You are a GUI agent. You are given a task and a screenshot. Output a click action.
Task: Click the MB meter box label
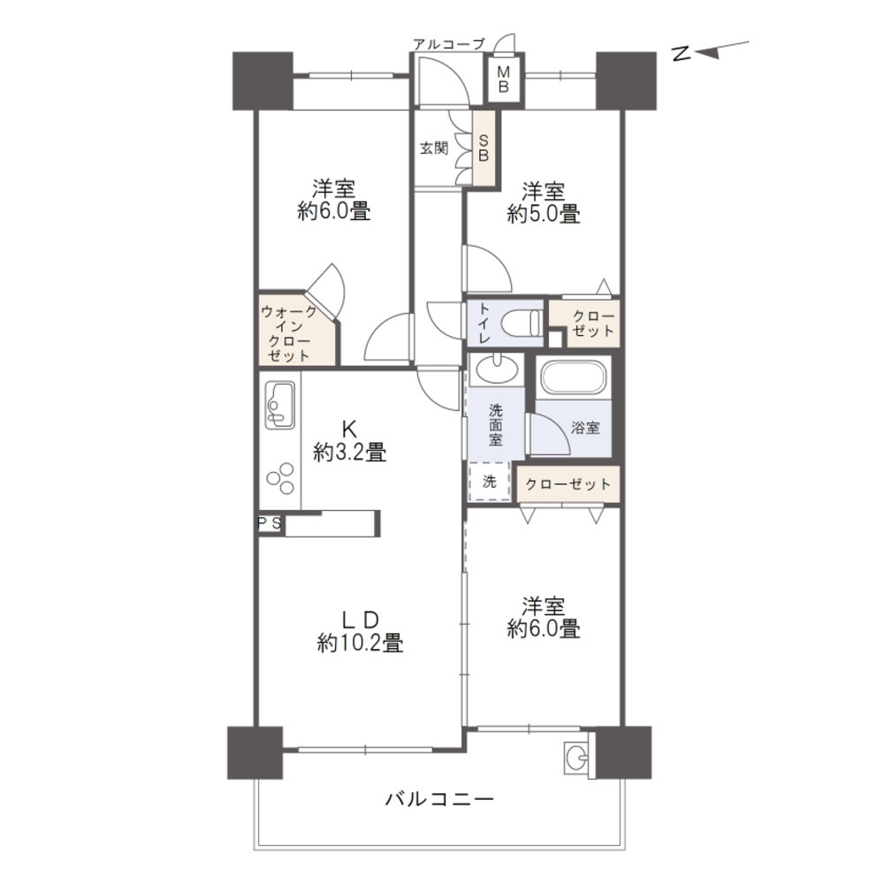pos(504,79)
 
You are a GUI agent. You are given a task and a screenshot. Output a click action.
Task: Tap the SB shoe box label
pos(484,148)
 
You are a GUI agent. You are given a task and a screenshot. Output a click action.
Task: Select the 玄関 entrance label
pos(433,149)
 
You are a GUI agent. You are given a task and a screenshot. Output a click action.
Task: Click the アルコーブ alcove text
pos(449,44)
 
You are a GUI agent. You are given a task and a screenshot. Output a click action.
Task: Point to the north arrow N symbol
pos(682,53)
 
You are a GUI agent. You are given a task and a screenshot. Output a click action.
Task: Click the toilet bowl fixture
pos(521,323)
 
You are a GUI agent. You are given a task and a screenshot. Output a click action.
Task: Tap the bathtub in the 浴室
pos(574,376)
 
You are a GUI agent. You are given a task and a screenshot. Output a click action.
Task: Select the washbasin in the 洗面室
pos(496,370)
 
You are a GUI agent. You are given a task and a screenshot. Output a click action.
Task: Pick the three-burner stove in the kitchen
pos(281,478)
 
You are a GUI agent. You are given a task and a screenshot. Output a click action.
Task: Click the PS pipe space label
pos(269,523)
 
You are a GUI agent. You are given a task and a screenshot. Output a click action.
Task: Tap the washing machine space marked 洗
pos(490,482)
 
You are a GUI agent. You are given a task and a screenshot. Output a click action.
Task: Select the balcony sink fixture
pos(576,757)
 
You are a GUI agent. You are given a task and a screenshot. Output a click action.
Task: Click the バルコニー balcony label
pos(439,799)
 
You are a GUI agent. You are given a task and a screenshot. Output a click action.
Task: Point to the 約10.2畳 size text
pos(361,643)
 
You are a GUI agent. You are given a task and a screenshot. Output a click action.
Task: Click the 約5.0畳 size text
pos(544,214)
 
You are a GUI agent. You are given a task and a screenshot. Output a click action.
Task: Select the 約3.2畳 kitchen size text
pos(349,452)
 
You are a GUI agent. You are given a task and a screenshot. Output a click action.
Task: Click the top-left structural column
pos(263,81)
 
